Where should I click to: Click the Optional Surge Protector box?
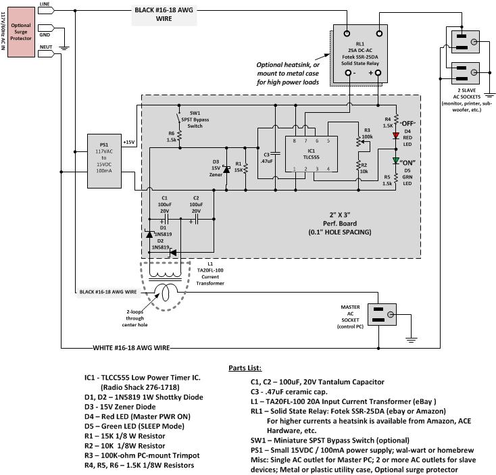(21, 32)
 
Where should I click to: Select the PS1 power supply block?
(104, 161)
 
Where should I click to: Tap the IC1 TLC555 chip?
(312, 154)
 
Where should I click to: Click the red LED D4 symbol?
(396, 136)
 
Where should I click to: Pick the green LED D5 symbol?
(396, 160)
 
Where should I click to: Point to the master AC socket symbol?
(382, 315)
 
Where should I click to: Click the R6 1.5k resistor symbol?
(179, 136)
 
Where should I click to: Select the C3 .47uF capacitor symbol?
(276, 153)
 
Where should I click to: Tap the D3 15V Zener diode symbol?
(226, 170)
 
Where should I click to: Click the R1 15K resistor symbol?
(246, 168)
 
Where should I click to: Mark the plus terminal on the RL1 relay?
(378, 73)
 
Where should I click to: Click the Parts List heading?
(245, 368)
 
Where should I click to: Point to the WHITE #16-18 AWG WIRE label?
(131, 348)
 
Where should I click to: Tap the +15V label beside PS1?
(129, 143)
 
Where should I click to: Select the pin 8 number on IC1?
(294, 141)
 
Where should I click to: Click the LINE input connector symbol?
(46, 10)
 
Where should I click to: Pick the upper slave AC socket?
(466, 42)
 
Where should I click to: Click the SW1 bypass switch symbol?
(179, 118)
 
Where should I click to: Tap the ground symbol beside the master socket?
(411, 340)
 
